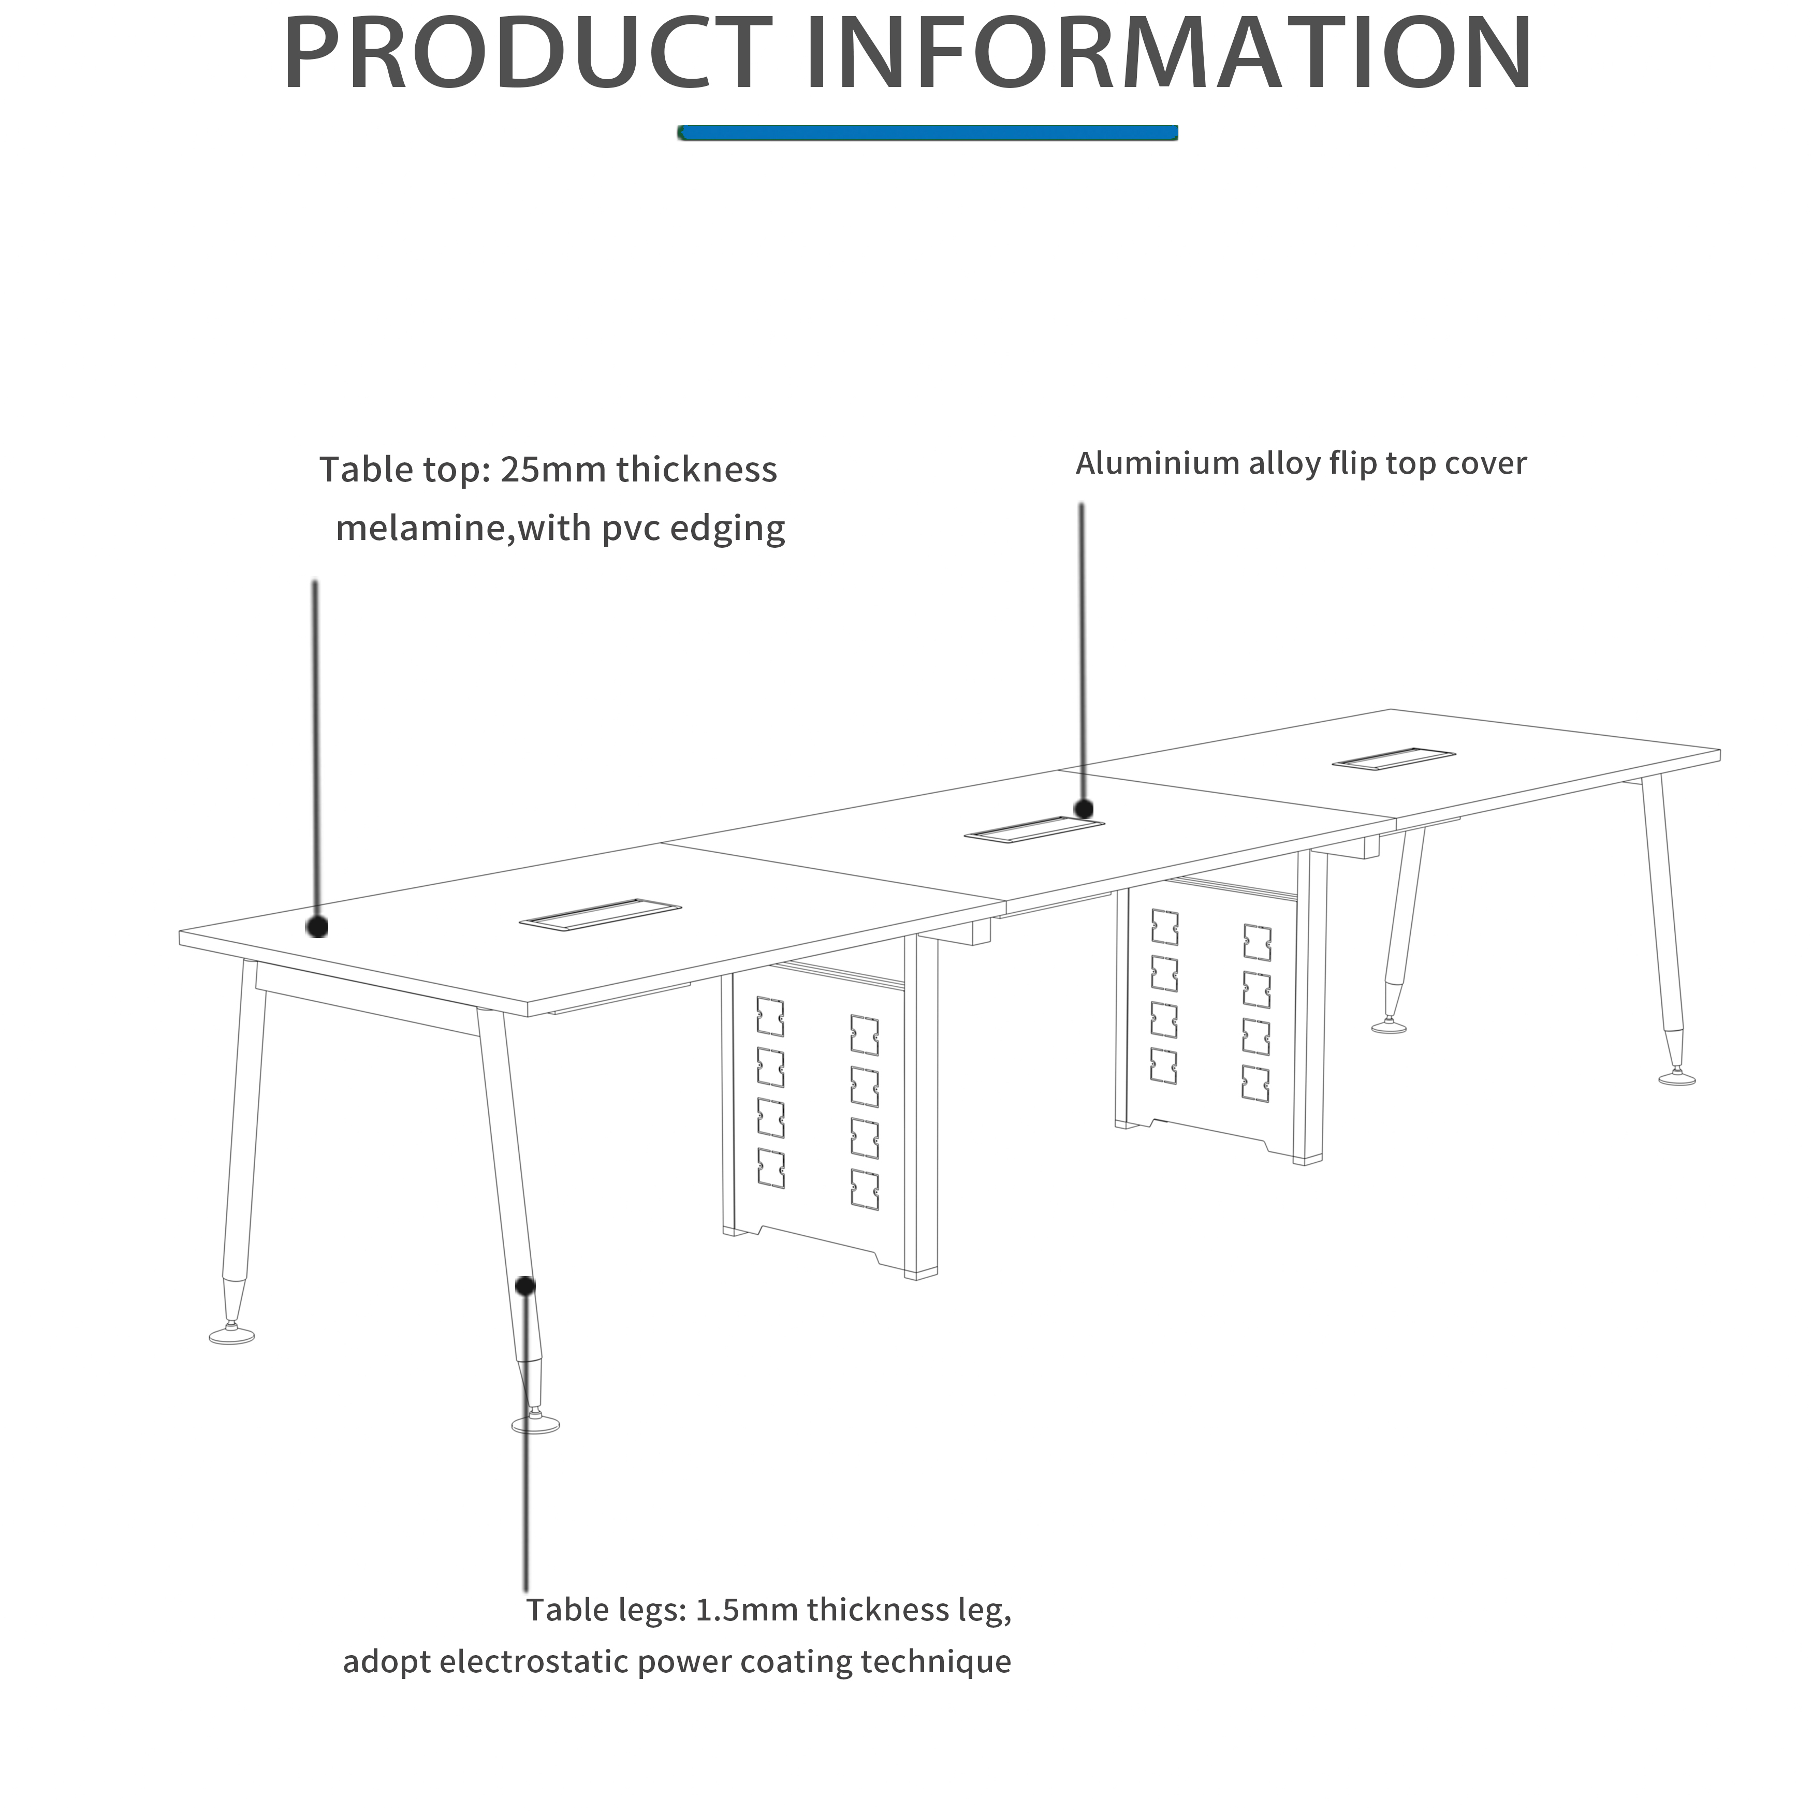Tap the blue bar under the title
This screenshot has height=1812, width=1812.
click(x=928, y=133)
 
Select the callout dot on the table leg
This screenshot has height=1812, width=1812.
click(x=525, y=1285)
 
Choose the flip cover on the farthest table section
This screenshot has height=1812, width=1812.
click(x=1394, y=759)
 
